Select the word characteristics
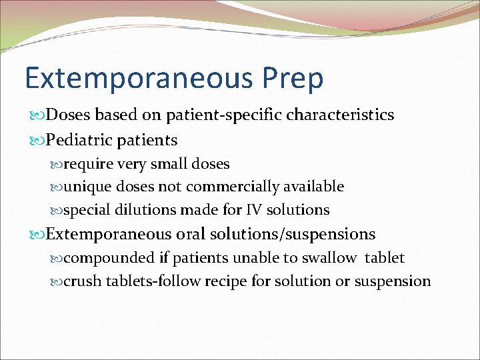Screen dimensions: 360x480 point(340,115)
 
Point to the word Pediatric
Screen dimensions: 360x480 point(80,140)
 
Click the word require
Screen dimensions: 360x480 point(89,164)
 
